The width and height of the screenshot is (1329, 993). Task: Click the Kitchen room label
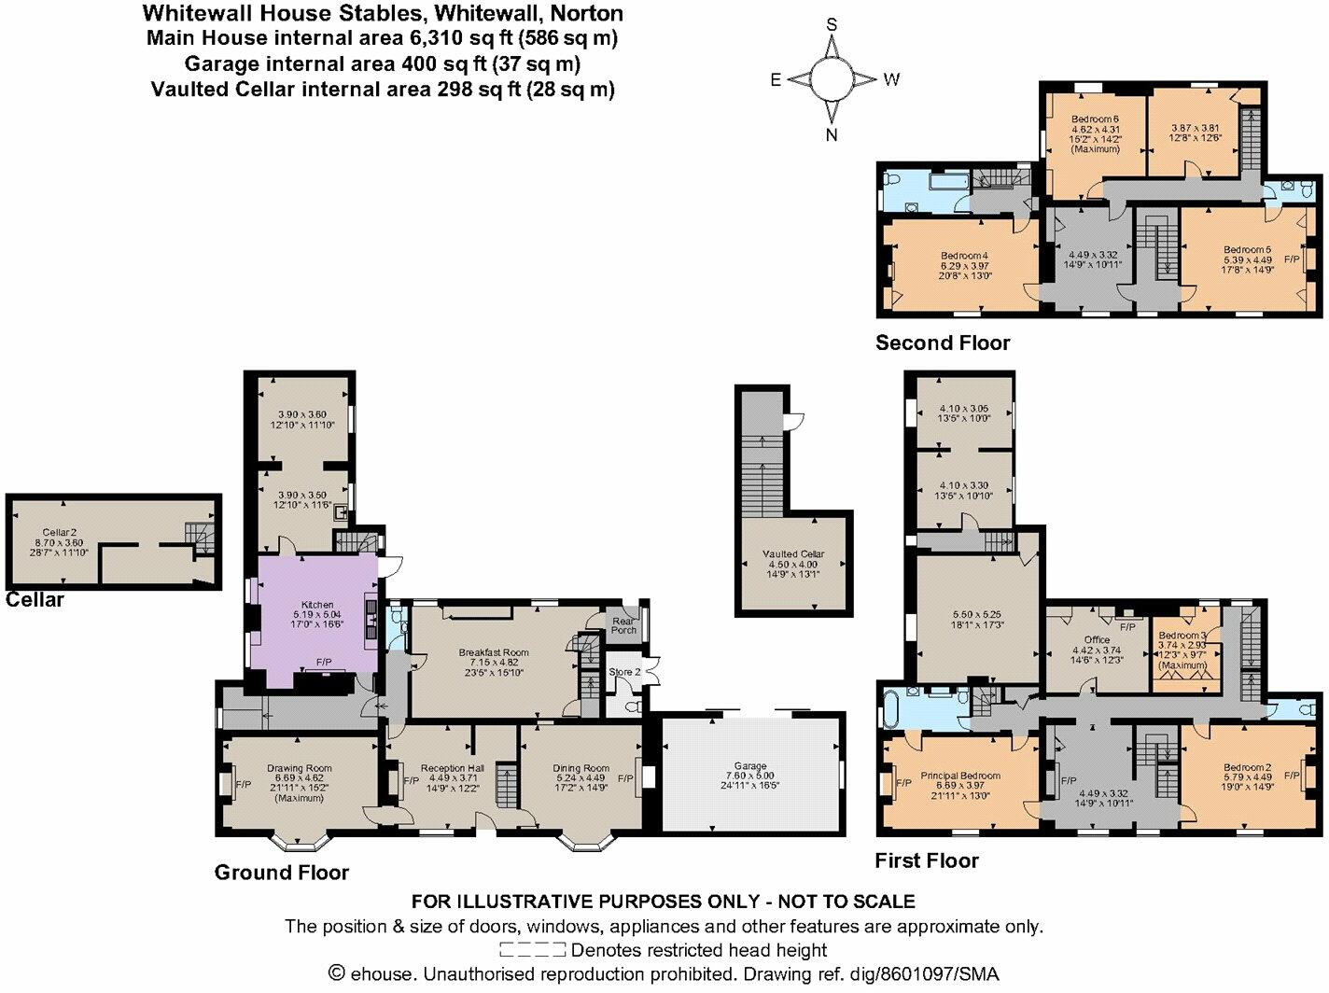coord(317,605)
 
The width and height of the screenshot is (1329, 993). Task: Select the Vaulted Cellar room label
coord(793,553)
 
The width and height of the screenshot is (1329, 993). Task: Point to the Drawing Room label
coord(299,769)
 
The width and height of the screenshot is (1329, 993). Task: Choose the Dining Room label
coord(581,769)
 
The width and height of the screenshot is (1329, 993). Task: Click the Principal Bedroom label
coord(960,776)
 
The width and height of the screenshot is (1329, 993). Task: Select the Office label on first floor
coord(1097,640)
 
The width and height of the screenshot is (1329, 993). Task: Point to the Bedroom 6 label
coord(1095,119)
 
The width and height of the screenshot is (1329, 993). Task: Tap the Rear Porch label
coord(623,624)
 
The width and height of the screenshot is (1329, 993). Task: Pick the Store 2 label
coord(624,672)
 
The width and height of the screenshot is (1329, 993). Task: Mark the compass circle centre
coord(832,78)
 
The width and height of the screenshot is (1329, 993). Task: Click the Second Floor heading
coord(943,343)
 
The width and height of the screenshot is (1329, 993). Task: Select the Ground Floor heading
coord(282,873)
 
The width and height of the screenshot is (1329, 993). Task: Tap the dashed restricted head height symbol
coord(532,951)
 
